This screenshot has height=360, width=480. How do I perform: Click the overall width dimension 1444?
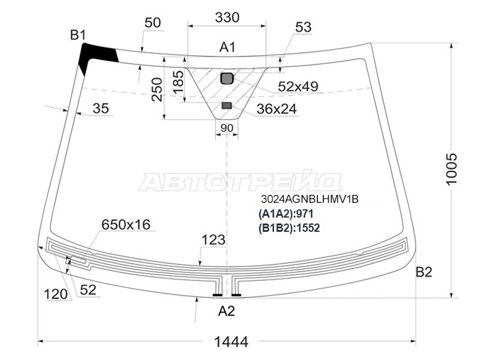point(231,341)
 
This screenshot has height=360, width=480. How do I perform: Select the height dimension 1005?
point(452,169)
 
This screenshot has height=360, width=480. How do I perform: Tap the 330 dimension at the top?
point(227,17)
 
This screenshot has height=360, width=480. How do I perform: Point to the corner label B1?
point(78,35)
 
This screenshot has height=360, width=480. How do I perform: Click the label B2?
point(424,272)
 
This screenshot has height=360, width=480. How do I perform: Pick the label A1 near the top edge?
point(227,47)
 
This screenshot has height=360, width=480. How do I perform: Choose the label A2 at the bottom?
point(226,311)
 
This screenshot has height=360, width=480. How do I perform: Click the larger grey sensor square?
point(227,79)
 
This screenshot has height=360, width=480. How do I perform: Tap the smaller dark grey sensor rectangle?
point(227,106)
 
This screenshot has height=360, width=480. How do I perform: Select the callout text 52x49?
point(298,86)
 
